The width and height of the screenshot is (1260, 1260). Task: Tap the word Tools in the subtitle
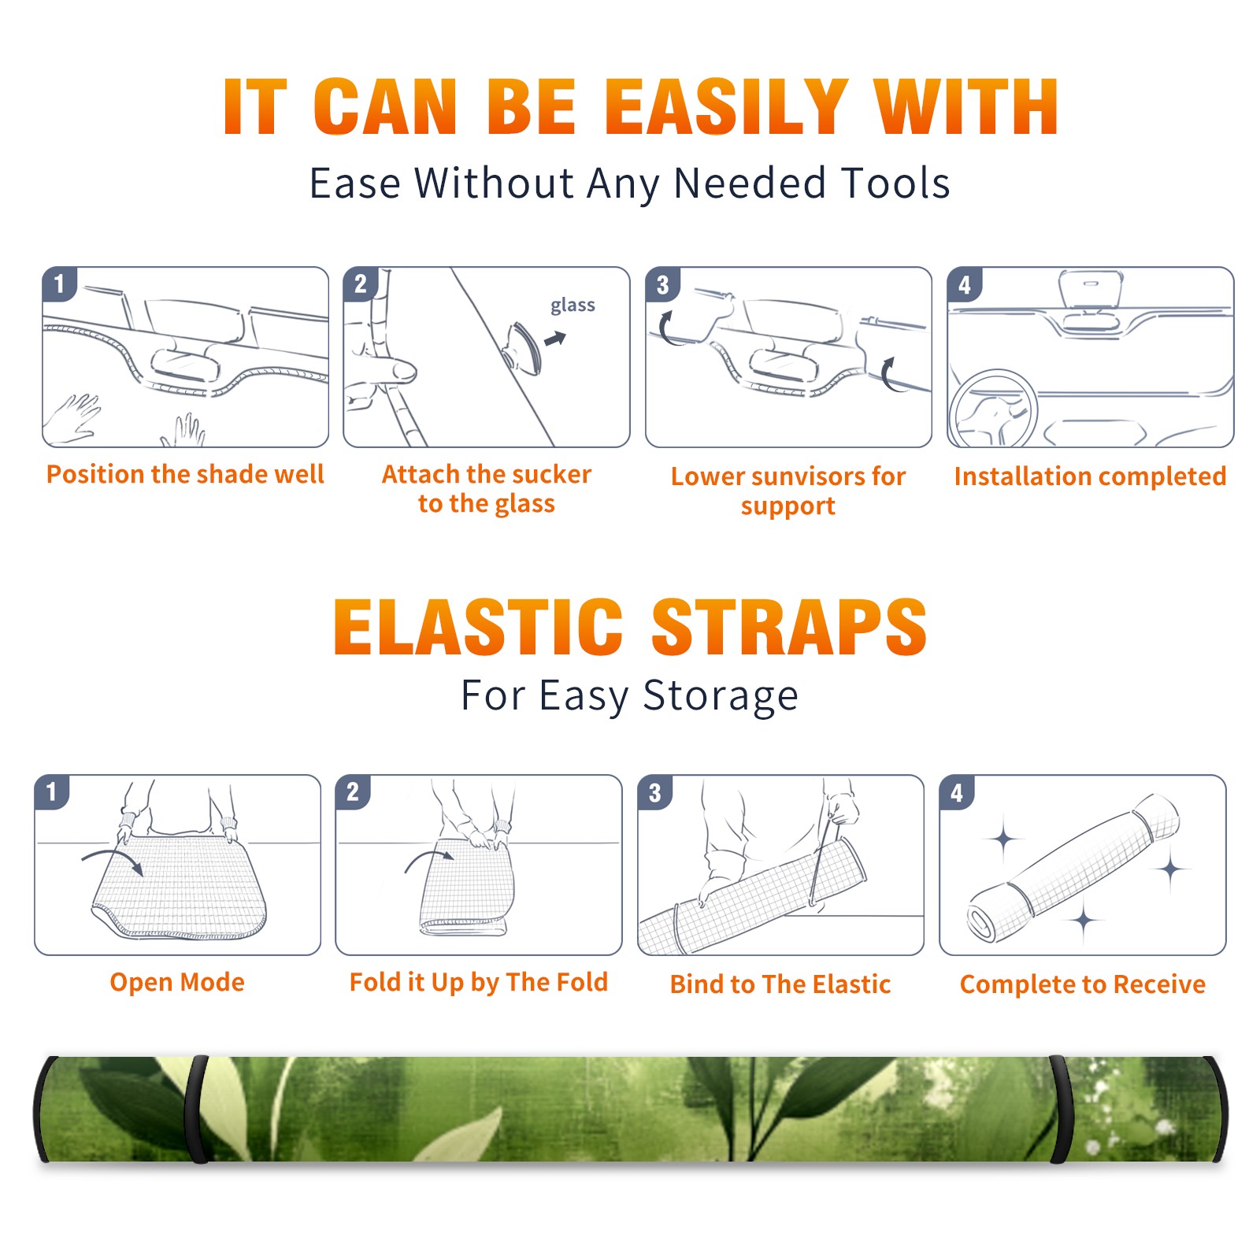pyautogui.click(x=895, y=183)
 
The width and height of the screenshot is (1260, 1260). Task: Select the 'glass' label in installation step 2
pyautogui.click(x=573, y=305)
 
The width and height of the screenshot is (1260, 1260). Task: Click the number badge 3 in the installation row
pyautogui.click(x=662, y=284)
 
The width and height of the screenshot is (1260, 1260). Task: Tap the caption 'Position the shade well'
pyautogui.click(x=185, y=474)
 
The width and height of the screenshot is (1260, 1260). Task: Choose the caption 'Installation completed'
pyautogui.click(x=1090, y=476)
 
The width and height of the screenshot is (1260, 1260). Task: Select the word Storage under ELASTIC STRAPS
pyautogui.click(x=721, y=696)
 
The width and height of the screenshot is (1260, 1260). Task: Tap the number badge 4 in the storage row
pyautogui.click(x=957, y=792)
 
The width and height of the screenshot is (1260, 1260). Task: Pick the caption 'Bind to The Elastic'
pyautogui.click(x=780, y=984)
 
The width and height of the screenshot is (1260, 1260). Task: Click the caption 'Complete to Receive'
pyautogui.click(x=1082, y=984)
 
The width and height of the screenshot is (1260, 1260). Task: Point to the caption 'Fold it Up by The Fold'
pyautogui.click(x=479, y=982)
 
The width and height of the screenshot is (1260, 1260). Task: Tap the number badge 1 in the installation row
pyautogui.click(x=59, y=284)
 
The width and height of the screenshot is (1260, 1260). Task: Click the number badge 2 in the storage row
pyautogui.click(x=352, y=792)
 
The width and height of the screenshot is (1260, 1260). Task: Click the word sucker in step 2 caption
pyautogui.click(x=550, y=474)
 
